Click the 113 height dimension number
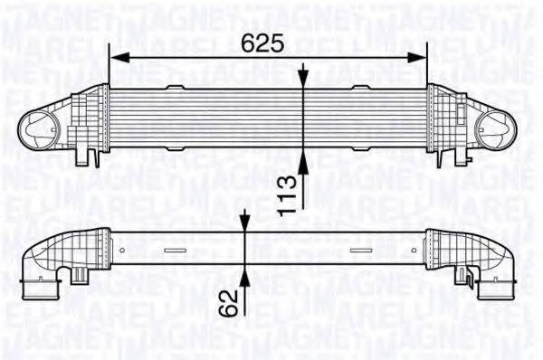(287, 193)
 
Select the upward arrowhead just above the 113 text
(305, 159)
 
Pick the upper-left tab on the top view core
(176, 87)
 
